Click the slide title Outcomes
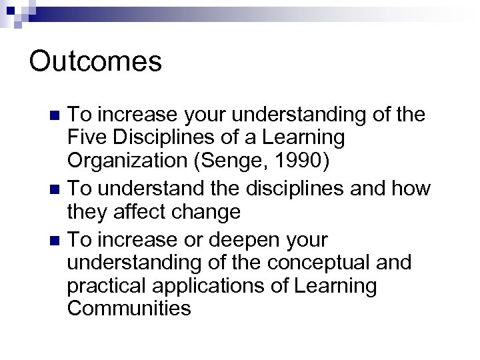(x=95, y=62)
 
